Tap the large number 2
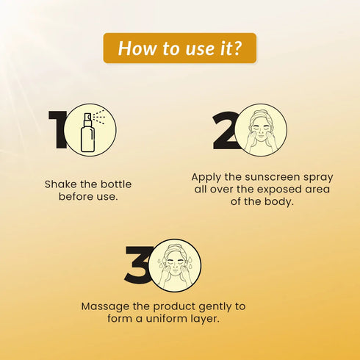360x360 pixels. click(226, 131)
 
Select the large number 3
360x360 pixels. click(138, 264)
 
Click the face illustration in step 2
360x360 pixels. click(261, 131)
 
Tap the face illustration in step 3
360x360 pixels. click(175, 266)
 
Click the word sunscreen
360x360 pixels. click(272, 177)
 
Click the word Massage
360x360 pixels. click(106, 306)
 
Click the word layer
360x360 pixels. click(205, 319)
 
